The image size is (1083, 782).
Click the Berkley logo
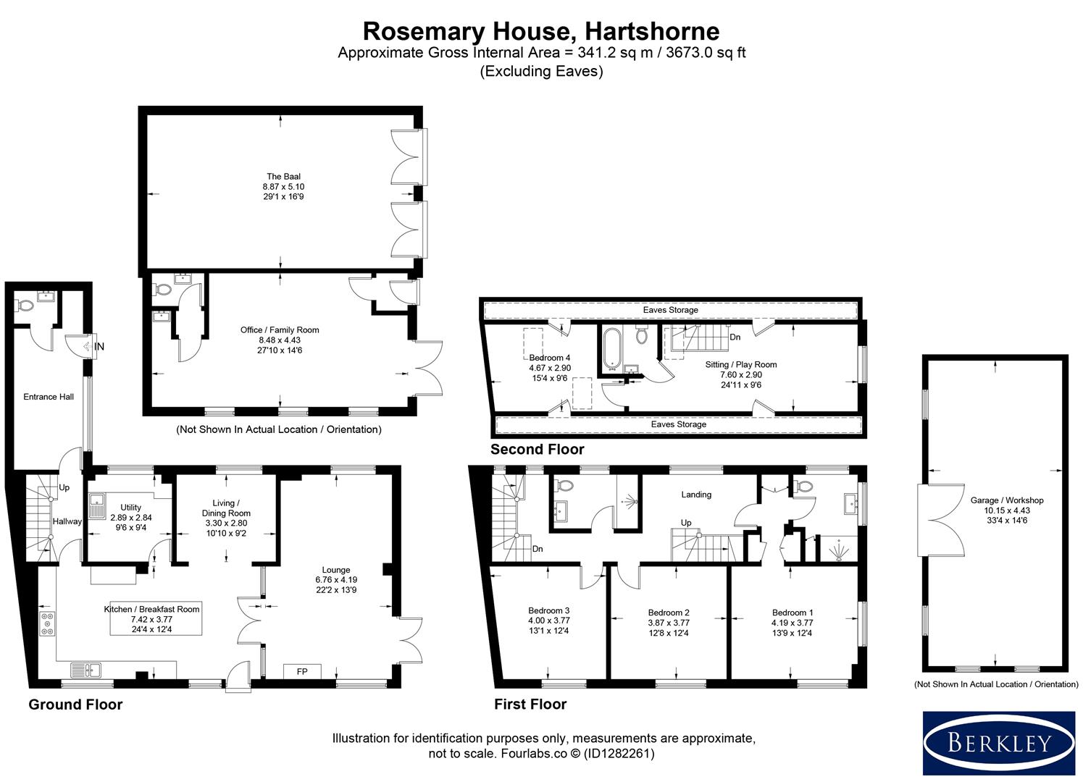[x=999, y=742]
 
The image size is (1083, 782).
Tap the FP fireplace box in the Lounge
[x=302, y=671]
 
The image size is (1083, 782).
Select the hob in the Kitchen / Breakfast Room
[x=47, y=623]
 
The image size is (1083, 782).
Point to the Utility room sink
[x=97, y=505]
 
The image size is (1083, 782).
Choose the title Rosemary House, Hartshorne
[x=541, y=31]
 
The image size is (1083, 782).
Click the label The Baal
[x=283, y=177]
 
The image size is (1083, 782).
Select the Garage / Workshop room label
[x=1007, y=500]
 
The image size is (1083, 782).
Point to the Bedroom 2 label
[x=669, y=613]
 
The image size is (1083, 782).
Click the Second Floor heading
[x=537, y=449]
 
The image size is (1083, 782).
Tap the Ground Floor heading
[x=75, y=705]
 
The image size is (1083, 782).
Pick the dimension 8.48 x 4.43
[x=280, y=340]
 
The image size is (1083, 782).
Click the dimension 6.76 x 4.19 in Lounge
[x=336, y=579]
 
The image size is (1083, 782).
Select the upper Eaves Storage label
[x=670, y=310]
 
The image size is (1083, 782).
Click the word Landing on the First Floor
[x=696, y=495]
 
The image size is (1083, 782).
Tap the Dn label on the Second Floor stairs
[x=735, y=337]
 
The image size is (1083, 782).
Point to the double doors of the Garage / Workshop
[x=940, y=520]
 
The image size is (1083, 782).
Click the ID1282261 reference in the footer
[x=619, y=753]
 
